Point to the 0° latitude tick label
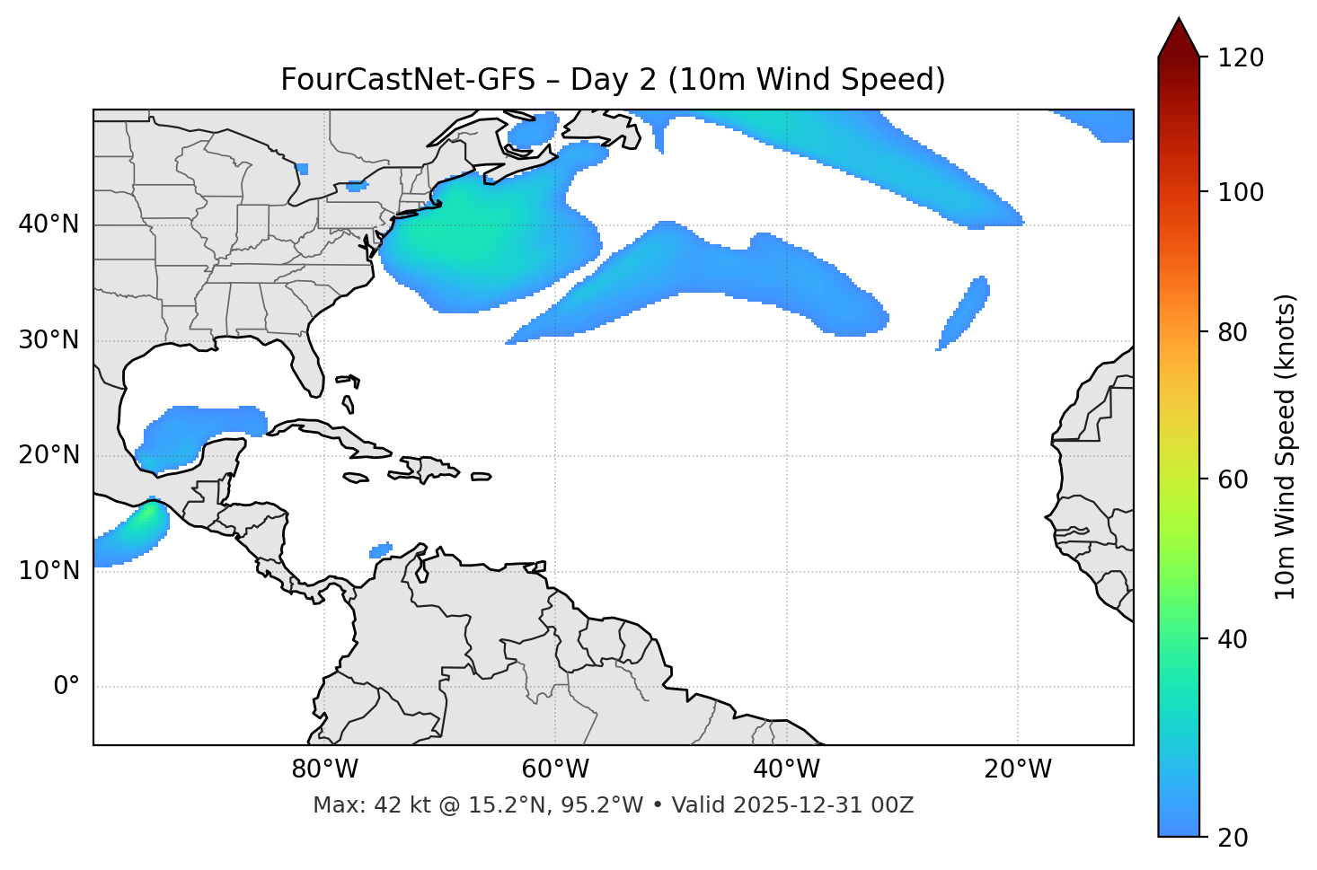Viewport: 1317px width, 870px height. point(66,687)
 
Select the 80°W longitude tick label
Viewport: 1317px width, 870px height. point(324,769)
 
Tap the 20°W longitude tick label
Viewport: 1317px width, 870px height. point(1018,769)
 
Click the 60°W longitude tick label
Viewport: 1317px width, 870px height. point(555,769)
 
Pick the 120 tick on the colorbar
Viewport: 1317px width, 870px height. point(1240,58)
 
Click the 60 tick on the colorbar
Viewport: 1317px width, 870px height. point(1233,479)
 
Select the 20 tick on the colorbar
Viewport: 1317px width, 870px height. point(1233,838)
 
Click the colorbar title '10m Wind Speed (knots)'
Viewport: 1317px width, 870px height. point(1286,446)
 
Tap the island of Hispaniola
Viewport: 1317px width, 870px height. point(428,468)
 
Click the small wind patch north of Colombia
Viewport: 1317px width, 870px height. point(381,549)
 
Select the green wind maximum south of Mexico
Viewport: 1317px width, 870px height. point(144,521)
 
